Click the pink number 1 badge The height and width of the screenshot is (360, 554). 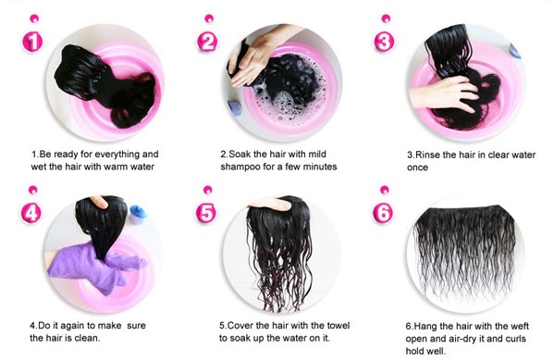[32, 41]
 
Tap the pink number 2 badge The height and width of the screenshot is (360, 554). [207, 41]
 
